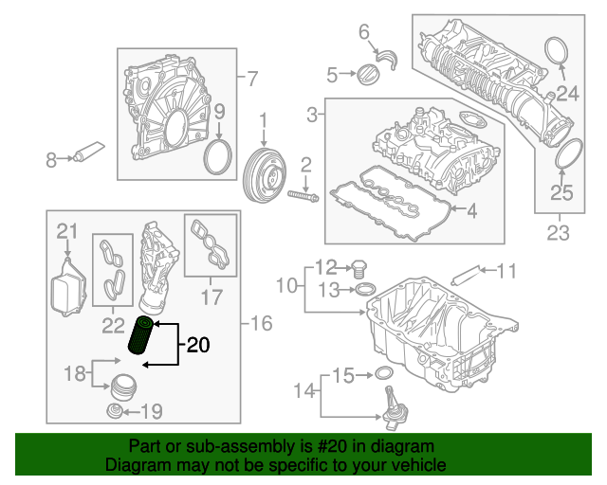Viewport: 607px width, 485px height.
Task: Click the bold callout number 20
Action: coord(198,346)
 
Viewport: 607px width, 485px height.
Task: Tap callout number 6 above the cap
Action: coord(364,33)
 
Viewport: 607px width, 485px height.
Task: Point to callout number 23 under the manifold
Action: coord(558,231)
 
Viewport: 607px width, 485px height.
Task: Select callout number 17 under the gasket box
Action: coord(211,296)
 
